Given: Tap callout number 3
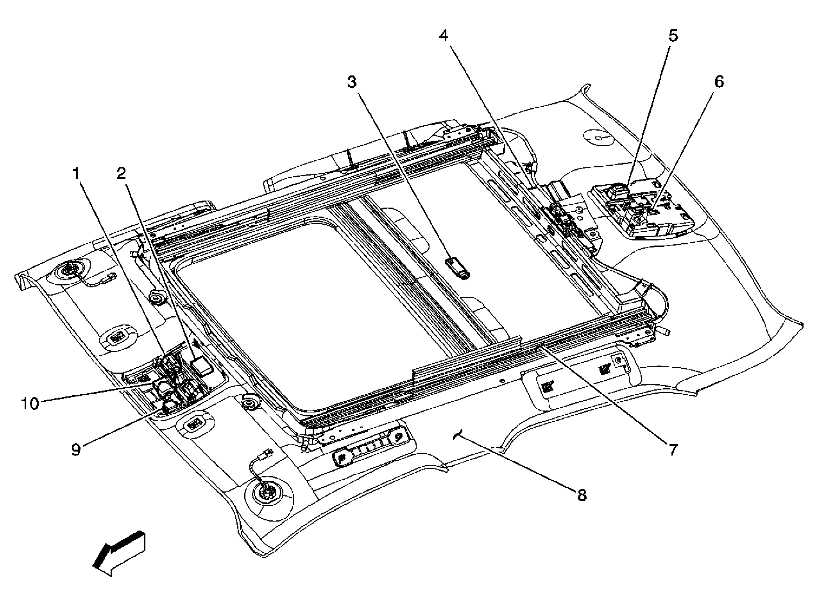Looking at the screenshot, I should click(352, 82).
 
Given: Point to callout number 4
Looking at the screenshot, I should click(444, 36).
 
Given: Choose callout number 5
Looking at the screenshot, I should click(673, 36).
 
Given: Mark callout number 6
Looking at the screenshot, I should click(719, 82).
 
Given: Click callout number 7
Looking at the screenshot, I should click(673, 450).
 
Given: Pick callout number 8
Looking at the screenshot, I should click(582, 496).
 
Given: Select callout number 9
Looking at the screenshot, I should click(76, 450).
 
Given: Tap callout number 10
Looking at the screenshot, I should click(30, 404).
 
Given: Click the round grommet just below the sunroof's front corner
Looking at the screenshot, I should click(249, 402).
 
